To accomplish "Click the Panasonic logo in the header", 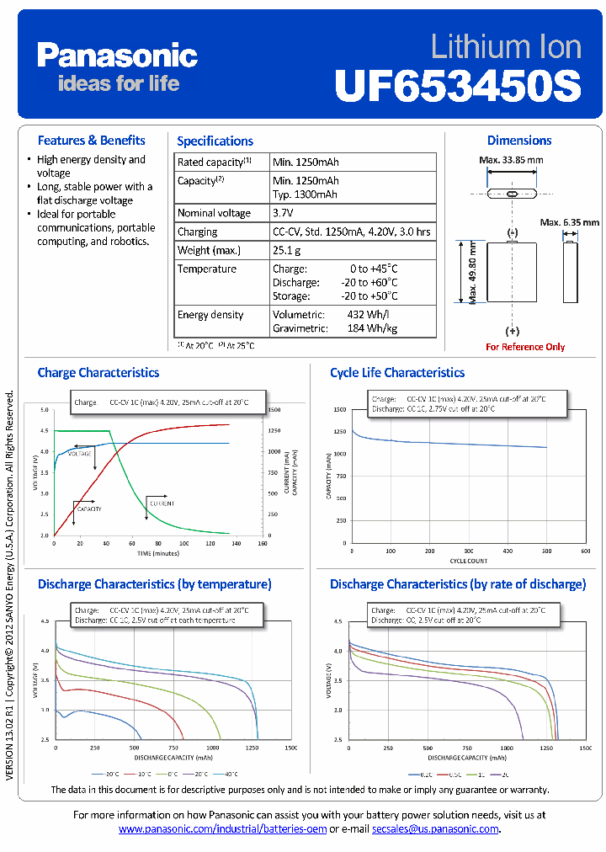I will [117, 56].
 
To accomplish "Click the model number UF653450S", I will [458, 85].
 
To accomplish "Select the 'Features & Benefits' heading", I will [91, 141].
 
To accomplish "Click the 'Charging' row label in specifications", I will [197, 232].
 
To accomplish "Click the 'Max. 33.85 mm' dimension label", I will [511, 160].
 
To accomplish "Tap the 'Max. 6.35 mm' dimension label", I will [570, 222].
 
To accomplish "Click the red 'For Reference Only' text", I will [525, 347].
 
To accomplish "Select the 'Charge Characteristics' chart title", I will [98, 372].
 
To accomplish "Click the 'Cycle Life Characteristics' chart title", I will [396, 372].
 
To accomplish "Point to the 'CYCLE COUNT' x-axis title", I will [469, 560].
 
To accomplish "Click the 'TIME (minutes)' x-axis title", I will [158, 553].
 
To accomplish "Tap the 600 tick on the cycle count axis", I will [585, 551].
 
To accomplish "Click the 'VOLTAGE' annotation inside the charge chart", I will [80, 454].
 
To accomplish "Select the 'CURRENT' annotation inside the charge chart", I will [162, 503].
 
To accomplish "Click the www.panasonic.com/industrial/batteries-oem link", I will [222, 829].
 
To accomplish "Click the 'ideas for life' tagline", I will [118, 83].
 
